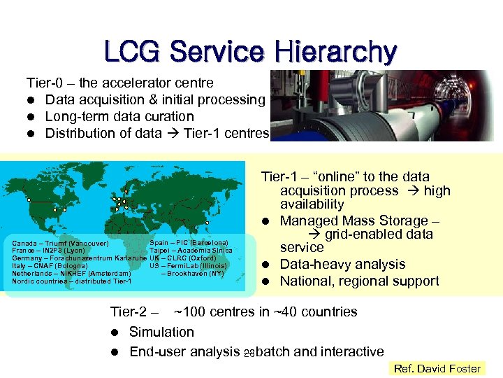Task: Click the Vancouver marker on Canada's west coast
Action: click(29, 200)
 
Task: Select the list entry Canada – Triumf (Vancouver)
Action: click(60, 244)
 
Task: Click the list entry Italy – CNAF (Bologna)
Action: click(50, 266)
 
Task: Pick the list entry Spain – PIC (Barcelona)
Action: click(189, 243)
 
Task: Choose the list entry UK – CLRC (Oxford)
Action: click(183, 258)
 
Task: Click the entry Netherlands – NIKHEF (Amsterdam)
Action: click(71, 274)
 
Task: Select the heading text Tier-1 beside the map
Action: click(275, 177)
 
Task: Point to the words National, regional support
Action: click(359, 281)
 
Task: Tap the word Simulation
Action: click(161, 332)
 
